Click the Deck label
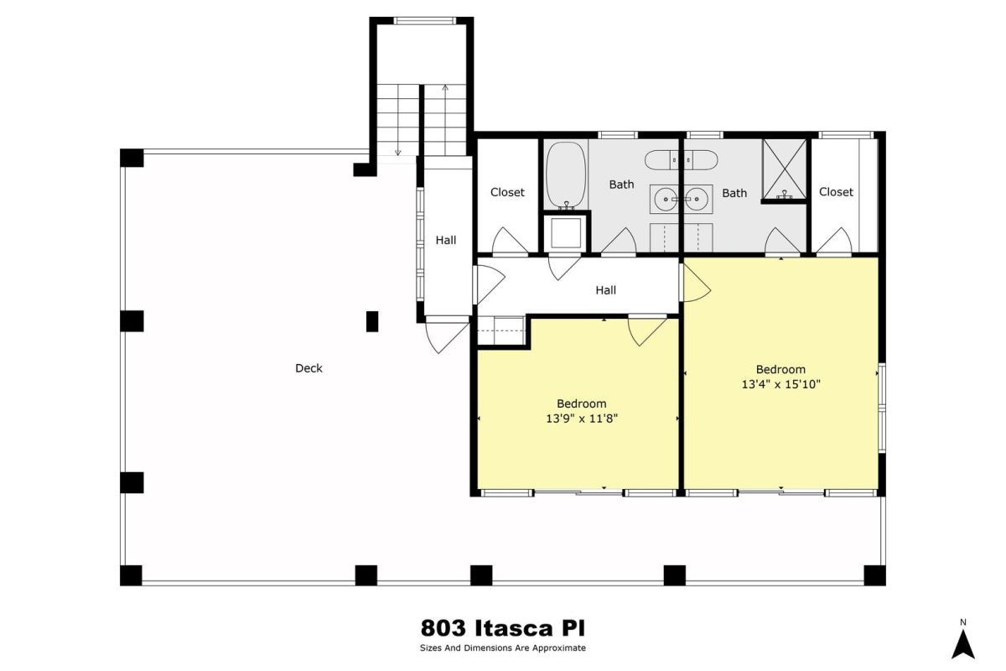[x=309, y=368]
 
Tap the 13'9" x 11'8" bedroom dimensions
[x=582, y=419]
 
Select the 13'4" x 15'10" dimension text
[x=780, y=384]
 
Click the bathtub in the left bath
[x=566, y=176]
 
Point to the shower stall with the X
[x=785, y=169]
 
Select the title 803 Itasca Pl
[x=502, y=628]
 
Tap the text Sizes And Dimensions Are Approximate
[x=502, y=648]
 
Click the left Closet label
[x=507, y=192]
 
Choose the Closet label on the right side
[x=836, y=192]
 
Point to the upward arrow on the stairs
[x=445, y=120]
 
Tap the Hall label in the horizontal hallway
[x=605, y=290]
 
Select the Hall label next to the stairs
[x=445, y=241]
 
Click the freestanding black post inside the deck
[x=372, y=321]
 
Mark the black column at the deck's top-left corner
[x=132, y=158]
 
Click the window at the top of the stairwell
[x=424, y=21]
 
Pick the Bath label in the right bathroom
[x=734, y=193]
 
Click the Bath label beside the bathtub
[x=621, y=185]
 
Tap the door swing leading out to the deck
[x=447, y=335]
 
